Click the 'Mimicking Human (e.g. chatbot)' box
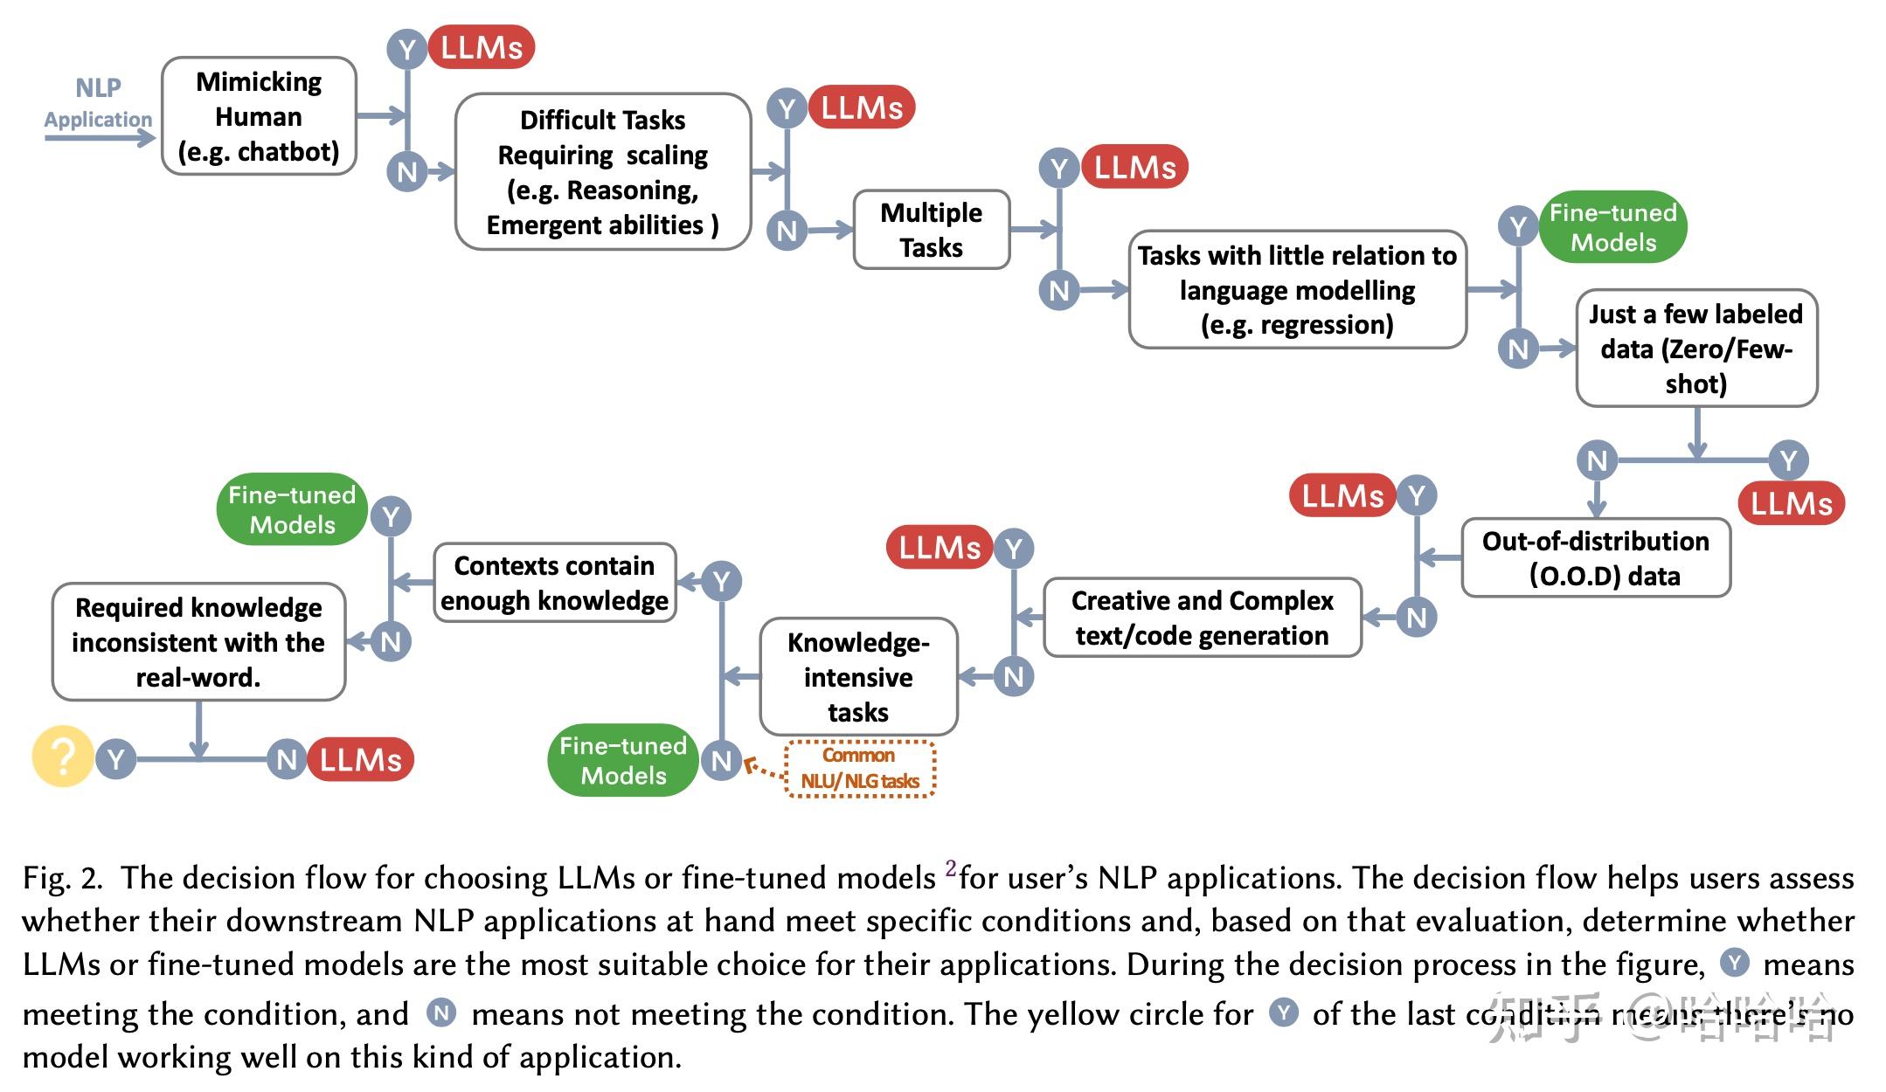point(259,116)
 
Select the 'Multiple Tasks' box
point(931,230)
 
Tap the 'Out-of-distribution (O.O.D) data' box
point(1595,558)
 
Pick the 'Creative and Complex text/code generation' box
point(1202,618)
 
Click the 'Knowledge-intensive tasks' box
point(858,677)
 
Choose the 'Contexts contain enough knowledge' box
point(554,583)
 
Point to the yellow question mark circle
point(62,757)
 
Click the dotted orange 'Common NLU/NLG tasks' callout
point(860,769)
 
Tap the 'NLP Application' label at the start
point(98,103)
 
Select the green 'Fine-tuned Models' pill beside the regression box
point(1612,227)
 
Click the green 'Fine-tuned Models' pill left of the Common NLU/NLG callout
point(622,760)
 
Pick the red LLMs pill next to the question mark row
point(360,759)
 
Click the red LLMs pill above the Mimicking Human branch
point(481,47)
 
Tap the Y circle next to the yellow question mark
point(116,759)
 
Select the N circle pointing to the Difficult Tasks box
point(406,171)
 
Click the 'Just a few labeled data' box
point(1695,349)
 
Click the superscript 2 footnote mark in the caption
point(950,868)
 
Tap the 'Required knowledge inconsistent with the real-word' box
point(198,642)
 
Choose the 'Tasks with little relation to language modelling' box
point(1297,290)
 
